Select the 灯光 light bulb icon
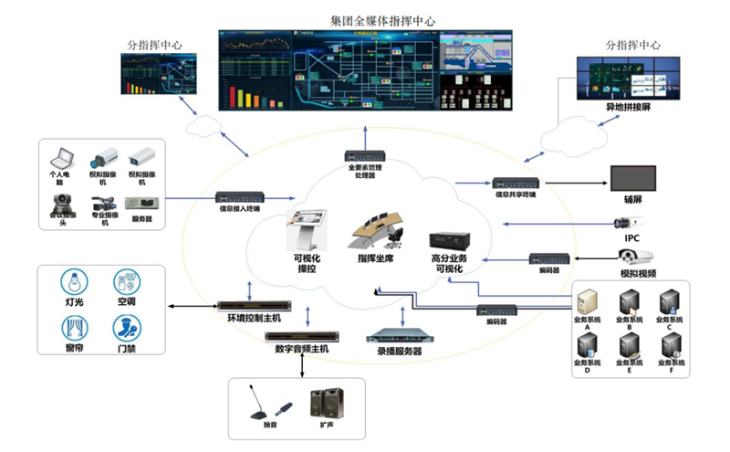[70, 279]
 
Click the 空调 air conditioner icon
[126, 279]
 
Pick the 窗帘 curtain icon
[70, 326]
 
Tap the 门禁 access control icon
[126, 326]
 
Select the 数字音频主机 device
[297, 337]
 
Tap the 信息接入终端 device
[239, 196]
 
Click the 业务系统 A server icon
[587, 300]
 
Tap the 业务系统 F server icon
[673, 346]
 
